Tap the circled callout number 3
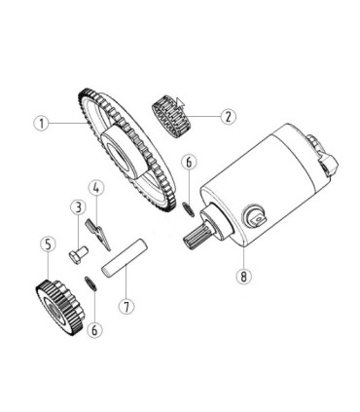[76, 206]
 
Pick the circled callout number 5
[46, 243]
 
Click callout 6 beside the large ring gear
[190, 162]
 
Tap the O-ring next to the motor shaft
[186, 206]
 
